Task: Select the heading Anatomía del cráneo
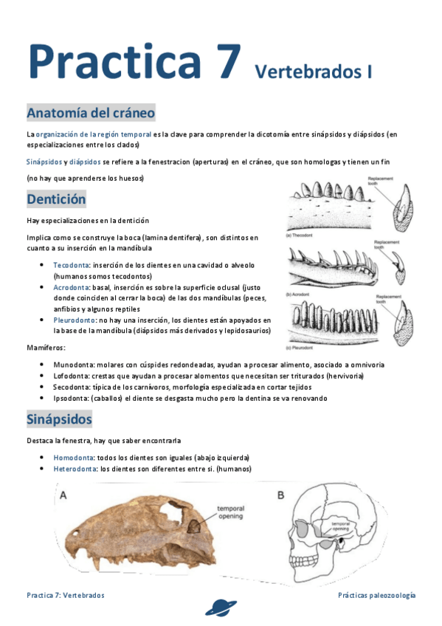[91, 113]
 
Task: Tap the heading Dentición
[56, 199]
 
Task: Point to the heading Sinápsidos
[59, 419]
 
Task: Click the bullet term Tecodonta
[72, 265]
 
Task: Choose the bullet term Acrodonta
[72, 286]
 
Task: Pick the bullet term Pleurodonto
[75, 320]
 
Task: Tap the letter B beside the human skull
[280, 495]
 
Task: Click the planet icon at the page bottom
[221, 608]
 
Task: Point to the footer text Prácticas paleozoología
[376, 595]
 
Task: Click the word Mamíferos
[46, 347]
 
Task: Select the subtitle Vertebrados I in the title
[313, 72]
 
